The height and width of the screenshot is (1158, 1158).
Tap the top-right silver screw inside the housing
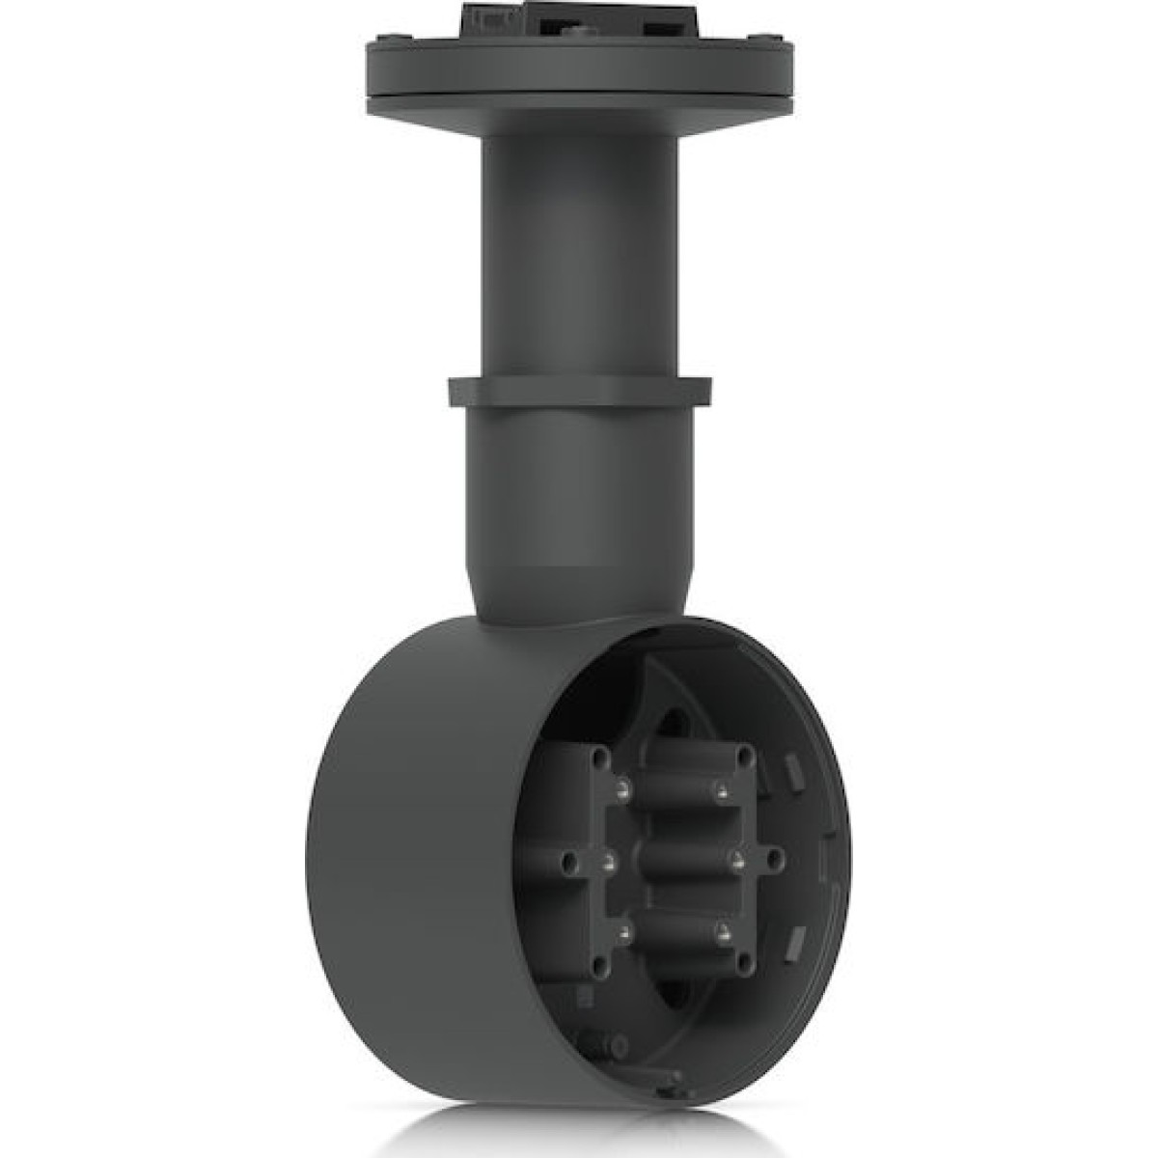(x=722, y=792)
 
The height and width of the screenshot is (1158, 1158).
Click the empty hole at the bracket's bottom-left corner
(x=598, y=966)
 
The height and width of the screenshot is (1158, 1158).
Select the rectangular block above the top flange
(x=579, y=16)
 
